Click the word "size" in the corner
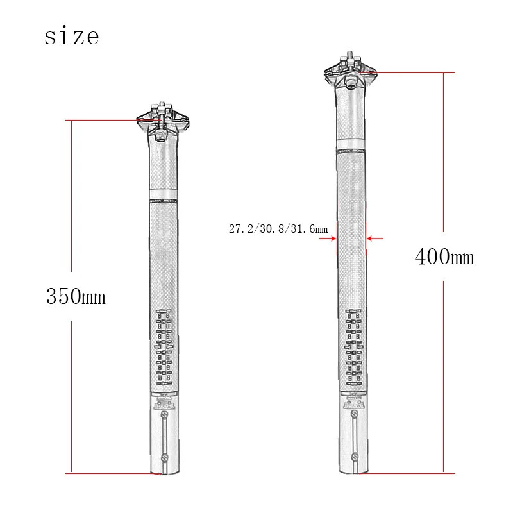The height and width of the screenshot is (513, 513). tap(72, 36)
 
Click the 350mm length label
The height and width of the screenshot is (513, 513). tap(75, 297)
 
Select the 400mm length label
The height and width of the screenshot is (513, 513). tap(444, 257)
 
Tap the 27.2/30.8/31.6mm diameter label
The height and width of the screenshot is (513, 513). tap(278, 228)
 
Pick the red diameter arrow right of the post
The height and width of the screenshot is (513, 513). tap(374, 239)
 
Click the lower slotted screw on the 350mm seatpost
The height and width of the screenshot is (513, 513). tap(165, 457)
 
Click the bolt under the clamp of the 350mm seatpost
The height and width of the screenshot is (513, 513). tap(161, 135)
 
